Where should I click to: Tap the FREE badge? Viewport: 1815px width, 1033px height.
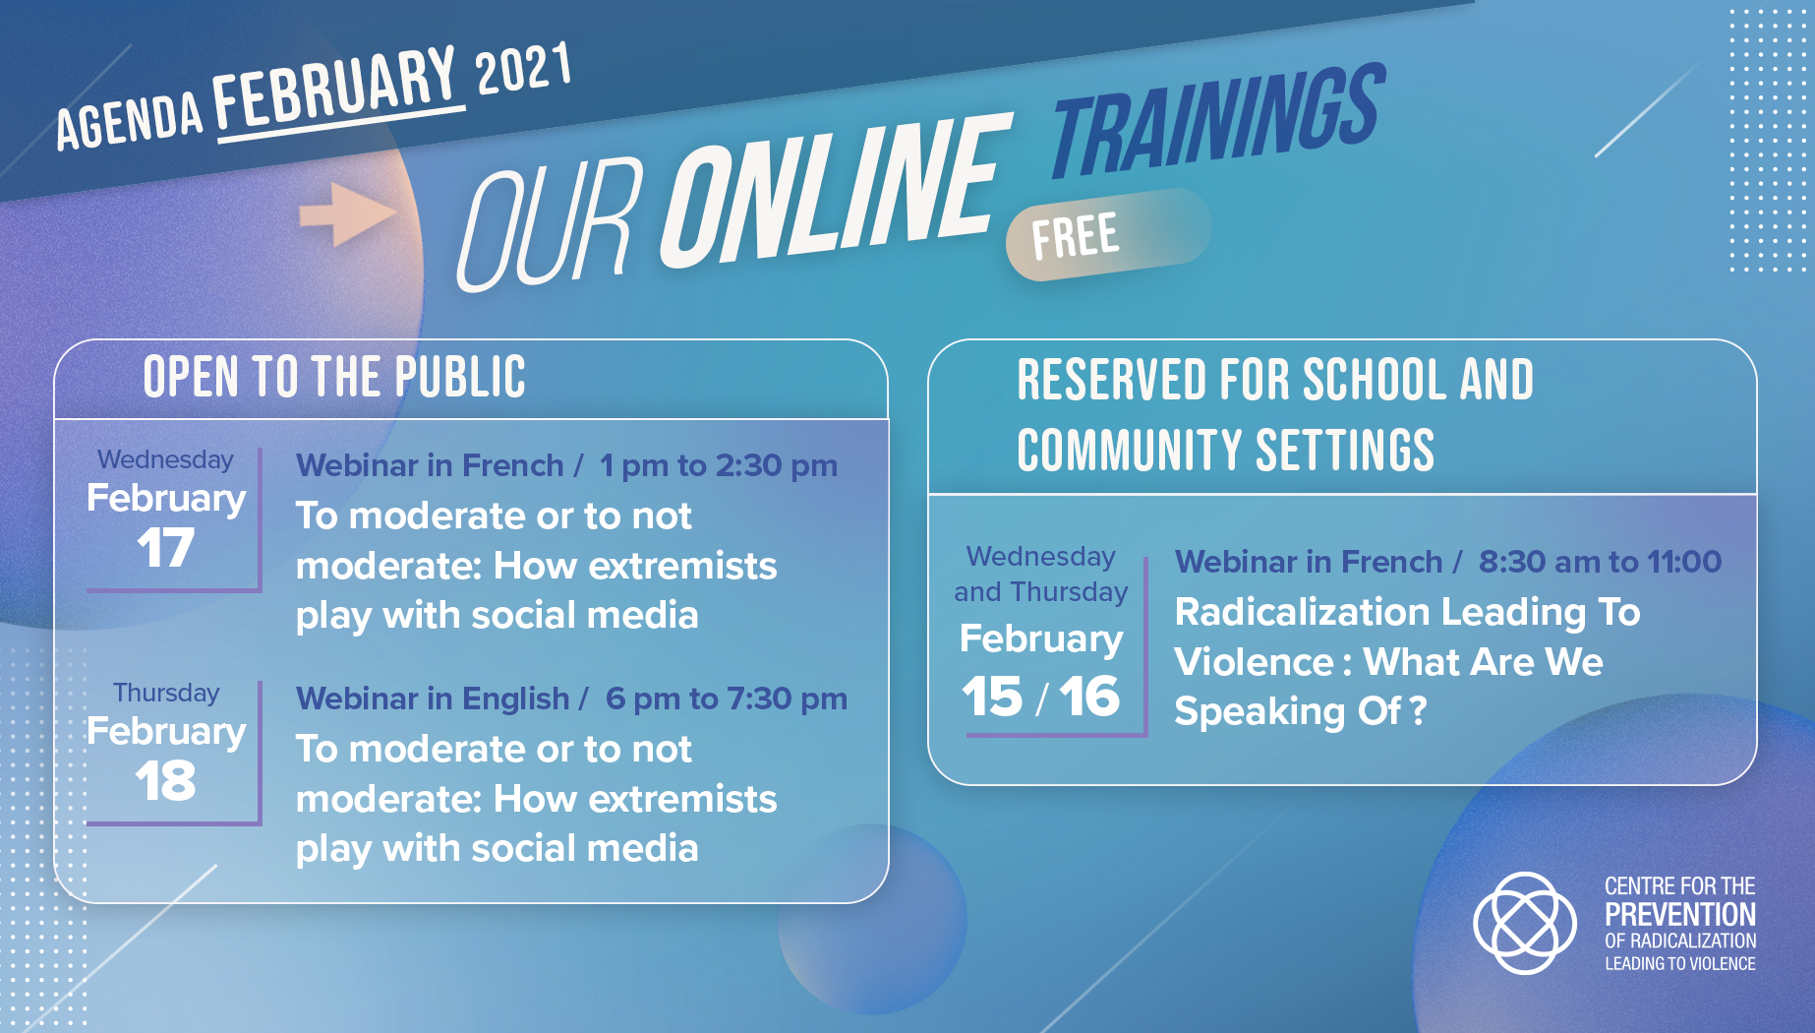click(1108, 234)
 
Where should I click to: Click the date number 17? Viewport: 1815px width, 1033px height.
click(165, 548)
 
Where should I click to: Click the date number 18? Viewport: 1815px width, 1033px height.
click(165, 781)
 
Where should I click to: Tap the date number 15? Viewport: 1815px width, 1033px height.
click(992, 697)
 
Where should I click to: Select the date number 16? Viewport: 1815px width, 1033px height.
click(1089, 697)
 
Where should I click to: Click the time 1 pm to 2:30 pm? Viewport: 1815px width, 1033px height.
click(719, 465)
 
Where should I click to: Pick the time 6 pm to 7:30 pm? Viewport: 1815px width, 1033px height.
click(727, 699)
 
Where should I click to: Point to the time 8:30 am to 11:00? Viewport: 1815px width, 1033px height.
click(1601, 562)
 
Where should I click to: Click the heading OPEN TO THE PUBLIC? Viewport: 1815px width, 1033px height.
click(334, 377)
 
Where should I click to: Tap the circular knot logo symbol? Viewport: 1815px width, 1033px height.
click(1525, 923)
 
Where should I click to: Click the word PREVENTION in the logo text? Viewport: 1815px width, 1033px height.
click(1680, 915)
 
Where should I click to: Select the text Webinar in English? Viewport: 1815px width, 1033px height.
click(433, 699)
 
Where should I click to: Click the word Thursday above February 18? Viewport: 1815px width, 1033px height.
click(166, 693)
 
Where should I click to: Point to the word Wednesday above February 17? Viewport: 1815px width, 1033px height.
click(165, 459)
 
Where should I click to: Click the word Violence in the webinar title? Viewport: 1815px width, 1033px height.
click(1255, 662)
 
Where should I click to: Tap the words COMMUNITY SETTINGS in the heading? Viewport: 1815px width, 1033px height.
click(1226, 451)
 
